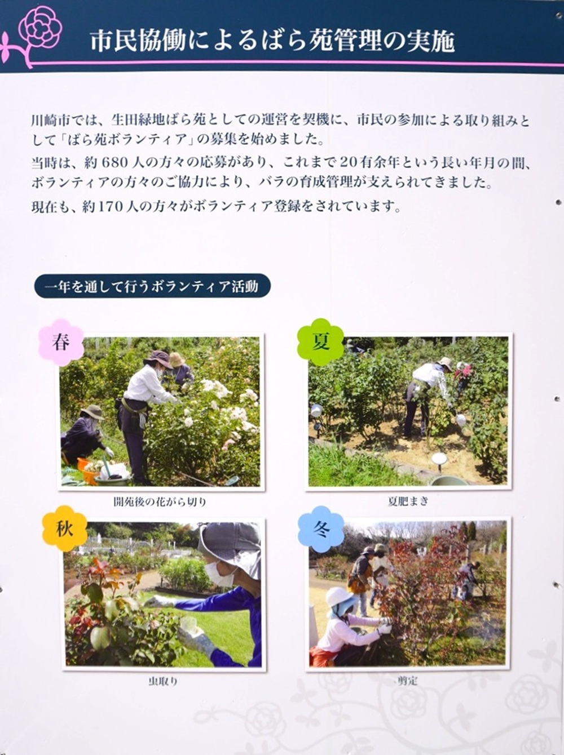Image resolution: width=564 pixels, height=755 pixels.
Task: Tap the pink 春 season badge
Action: [61, 342]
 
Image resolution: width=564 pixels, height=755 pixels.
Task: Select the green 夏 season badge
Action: [320, 342]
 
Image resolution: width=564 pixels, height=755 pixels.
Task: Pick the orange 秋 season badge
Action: [64, 528]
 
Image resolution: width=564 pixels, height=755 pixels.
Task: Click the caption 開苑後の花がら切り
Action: [160, 502]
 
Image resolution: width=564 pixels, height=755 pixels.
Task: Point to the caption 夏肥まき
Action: [408, 502]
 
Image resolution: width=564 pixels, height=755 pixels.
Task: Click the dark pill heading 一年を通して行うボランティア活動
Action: [152, 286]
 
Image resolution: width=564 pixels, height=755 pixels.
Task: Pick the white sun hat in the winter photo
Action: [338, 597]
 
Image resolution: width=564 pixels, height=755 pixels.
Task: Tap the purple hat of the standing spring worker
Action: [158, 359]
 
